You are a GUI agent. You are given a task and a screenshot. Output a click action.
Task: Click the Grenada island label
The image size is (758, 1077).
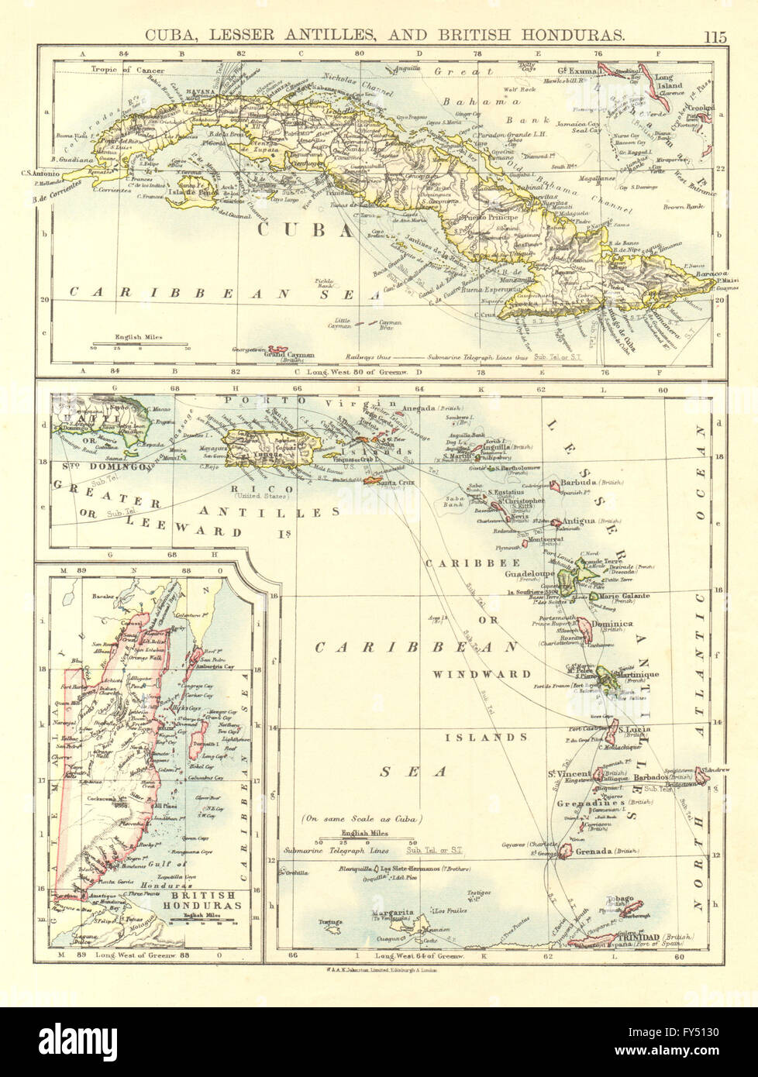597,851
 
